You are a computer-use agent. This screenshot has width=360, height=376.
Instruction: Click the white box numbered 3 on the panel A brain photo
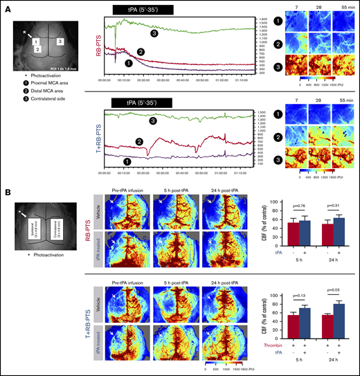point(61,42)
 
